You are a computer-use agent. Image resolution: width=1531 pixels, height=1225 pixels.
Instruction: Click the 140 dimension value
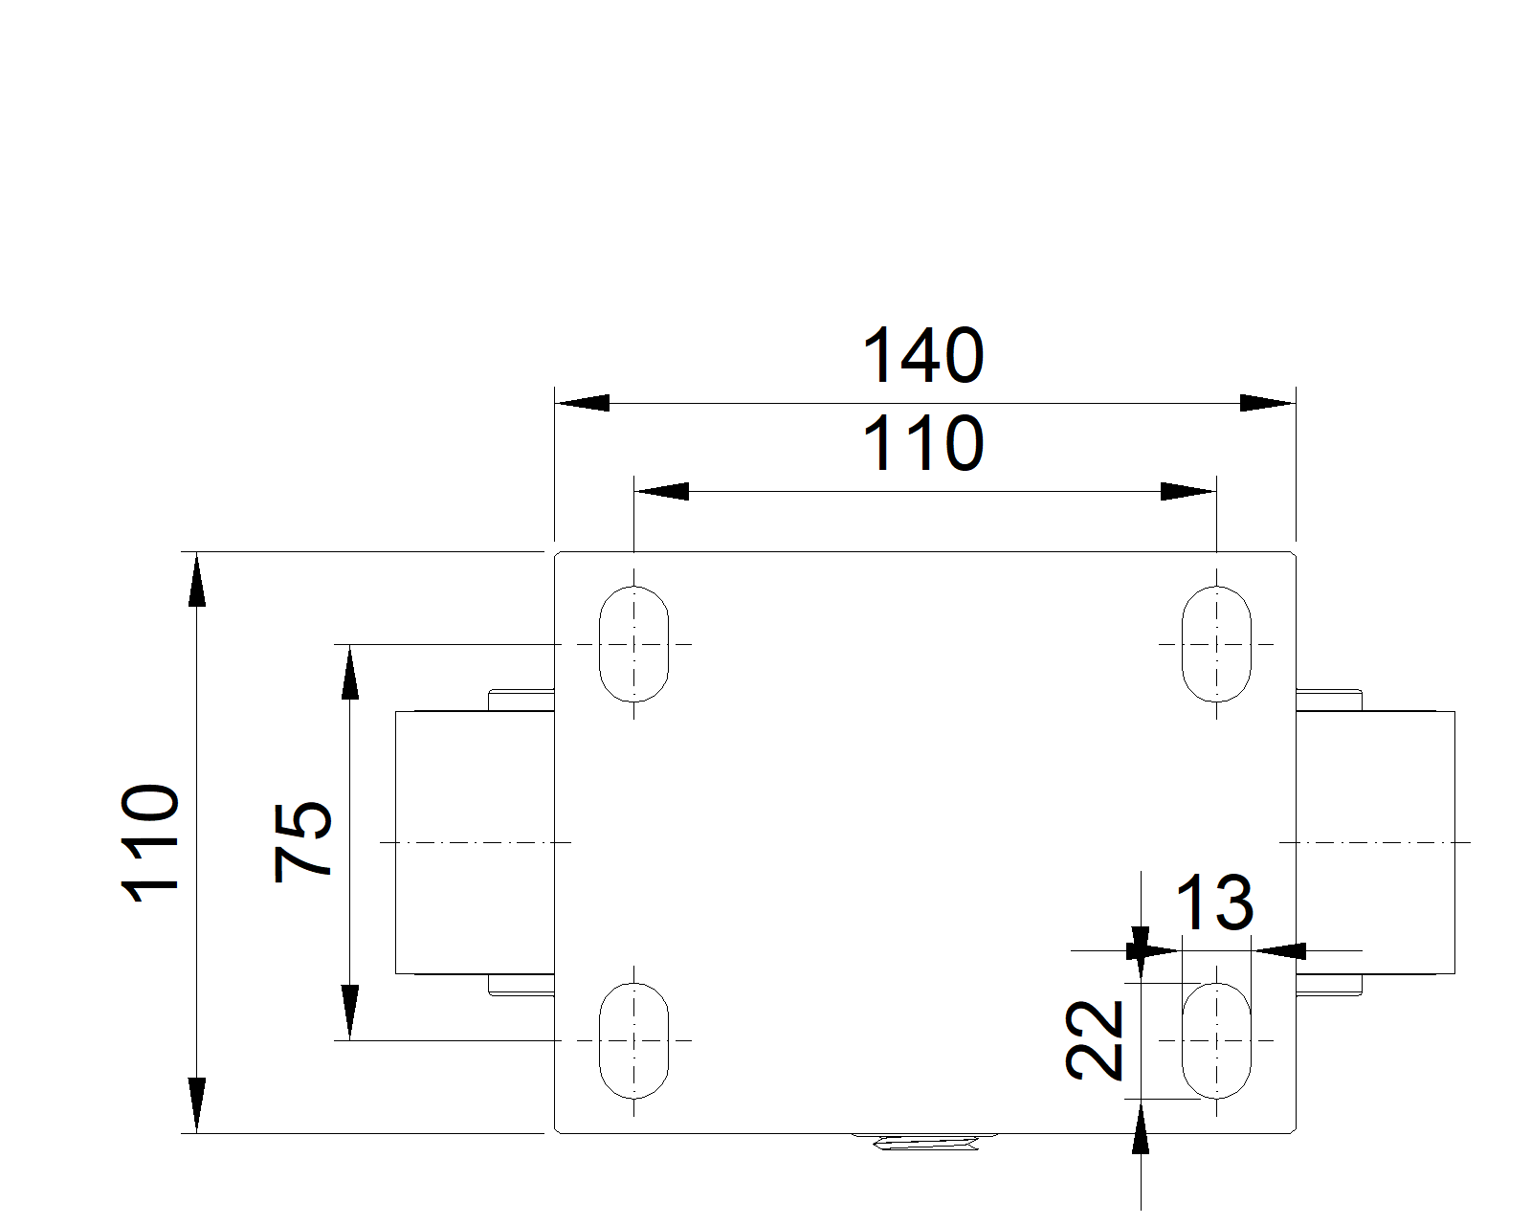click(922, 355)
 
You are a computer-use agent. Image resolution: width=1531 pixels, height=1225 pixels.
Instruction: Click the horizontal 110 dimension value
click(922, 443)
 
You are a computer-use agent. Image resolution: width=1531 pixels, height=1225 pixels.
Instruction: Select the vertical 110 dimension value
click(150, 843)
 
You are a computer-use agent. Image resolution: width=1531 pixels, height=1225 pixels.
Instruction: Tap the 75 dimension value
click(302, 843)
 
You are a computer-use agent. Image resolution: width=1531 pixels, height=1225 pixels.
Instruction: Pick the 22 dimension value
click(1094, 1040)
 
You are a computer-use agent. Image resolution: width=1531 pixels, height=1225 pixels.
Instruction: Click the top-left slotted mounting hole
click(633, 644)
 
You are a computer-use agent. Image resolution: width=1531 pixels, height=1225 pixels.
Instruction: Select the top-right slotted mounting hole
click(1216, 644)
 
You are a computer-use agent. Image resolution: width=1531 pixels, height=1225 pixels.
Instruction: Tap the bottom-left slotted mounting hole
click(633, 1040)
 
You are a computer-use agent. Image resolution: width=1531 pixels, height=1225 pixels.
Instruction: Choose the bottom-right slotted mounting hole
click(1216, 1040)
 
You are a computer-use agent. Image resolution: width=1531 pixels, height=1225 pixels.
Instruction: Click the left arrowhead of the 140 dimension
click(582, 403)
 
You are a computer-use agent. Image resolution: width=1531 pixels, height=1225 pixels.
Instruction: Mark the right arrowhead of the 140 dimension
click(1268, 403)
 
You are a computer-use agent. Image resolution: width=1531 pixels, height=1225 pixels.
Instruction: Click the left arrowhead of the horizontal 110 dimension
click(661, 491)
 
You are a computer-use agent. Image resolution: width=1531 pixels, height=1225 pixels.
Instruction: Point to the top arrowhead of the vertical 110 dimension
click(197, 579)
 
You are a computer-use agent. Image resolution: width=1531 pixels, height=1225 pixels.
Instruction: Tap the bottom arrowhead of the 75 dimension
click(349, 1013)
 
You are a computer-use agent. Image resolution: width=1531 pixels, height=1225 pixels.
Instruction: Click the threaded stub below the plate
click(924, 1143)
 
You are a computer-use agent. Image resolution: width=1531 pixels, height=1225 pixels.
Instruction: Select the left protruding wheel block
click(475, 842)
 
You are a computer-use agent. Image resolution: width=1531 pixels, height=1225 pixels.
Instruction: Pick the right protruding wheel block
click(1375, 842)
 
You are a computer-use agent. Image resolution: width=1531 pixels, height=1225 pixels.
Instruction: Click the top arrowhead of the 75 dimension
click(349, 672)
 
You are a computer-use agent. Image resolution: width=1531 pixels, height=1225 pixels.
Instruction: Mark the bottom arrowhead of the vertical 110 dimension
click(197, 1104)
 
